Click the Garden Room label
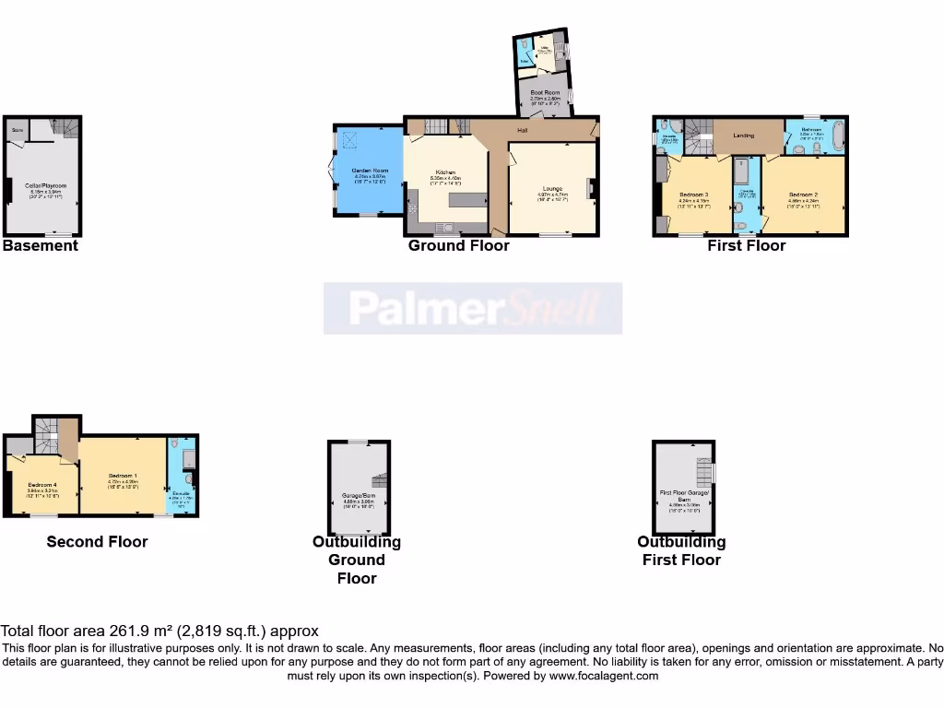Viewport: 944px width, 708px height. [370, 171]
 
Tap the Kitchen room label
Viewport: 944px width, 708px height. [446, 172]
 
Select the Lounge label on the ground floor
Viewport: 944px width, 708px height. [552, 188]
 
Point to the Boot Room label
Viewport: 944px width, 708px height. [545, 92]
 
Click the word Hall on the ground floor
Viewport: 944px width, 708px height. [523, 131]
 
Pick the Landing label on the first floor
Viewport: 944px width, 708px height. [743, 136]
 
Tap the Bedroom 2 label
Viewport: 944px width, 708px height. [804, 195]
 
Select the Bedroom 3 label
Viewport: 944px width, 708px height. [693, 195]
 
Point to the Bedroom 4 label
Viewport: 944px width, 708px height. [42, 485]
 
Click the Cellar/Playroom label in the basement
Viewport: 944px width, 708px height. [45, 185]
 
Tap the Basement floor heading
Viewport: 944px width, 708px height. [41, 245]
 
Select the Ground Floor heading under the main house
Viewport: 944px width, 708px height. [458, 245]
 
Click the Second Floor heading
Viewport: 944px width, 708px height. [97, 541]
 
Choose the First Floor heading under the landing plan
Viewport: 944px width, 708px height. [746, 245]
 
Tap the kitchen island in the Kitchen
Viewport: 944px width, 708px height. [467, 200]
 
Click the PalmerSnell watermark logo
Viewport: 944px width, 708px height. [473, 308]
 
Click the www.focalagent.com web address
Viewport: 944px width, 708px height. [604, 676]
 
